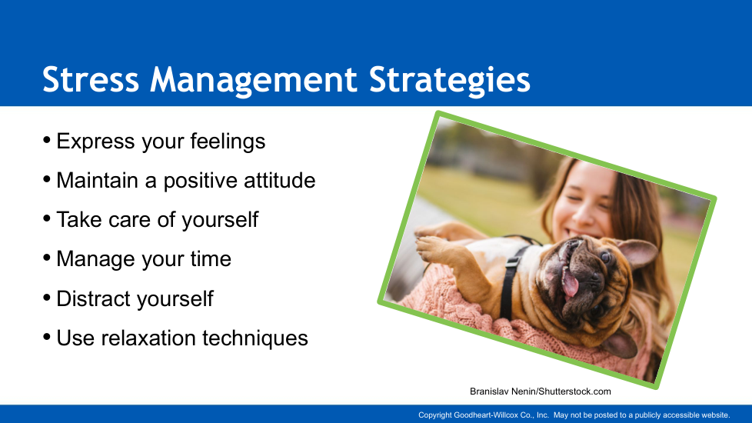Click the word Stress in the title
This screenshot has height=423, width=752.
click(x=91, y=79)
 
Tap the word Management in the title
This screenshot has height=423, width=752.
click(x=253, y=81)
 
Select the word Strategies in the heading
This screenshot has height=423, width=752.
click(x=450, y=81)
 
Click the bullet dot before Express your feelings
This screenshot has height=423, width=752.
click(x=47, y=140)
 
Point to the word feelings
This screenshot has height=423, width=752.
click(x=228, y=142)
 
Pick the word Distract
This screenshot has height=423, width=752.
click(x=94, y=298)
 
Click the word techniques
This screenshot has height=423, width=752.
click(x=255, y=338)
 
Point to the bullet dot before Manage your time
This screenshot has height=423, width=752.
click(x=47, y=258)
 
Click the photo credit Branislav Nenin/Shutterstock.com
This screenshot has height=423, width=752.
click(x=541, y=391)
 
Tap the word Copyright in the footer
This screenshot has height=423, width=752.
click(x=435, y=415)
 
